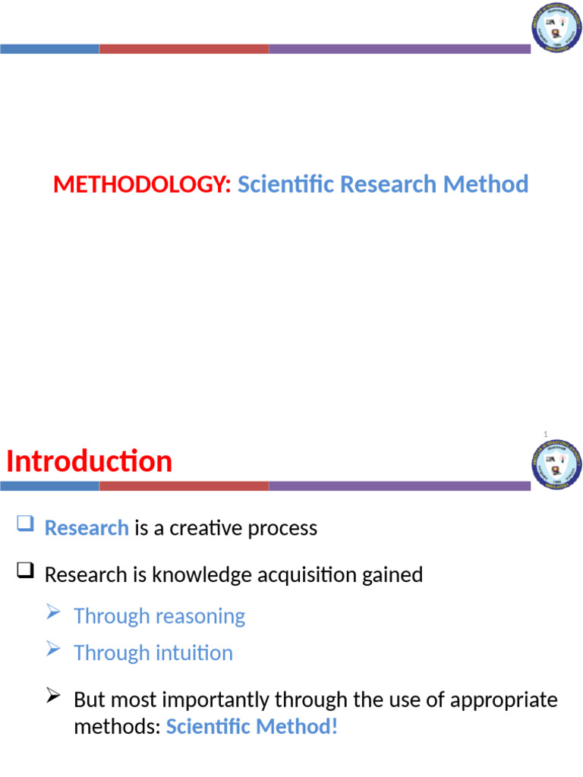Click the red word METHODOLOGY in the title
pos(142,184)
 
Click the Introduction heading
pos(90,461)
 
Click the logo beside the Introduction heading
pos(556,464)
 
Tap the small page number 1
pos(545,434)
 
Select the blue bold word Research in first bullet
pos(87,528)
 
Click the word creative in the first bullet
pos(205,528)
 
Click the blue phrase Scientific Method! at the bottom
pos(251,727)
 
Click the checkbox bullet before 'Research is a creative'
pos(25,524)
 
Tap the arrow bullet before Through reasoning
pos(53,612)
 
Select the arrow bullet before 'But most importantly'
pos(53,695)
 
